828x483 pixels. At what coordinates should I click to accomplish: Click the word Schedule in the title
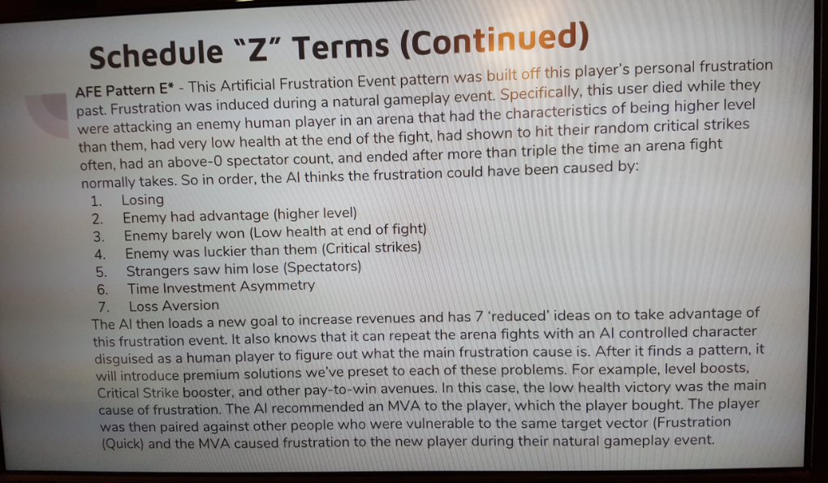click(x=157, y=54)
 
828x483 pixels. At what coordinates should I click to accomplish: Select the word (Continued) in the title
click(x=494, y=41)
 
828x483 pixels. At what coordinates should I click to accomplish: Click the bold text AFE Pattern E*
click(x=125, y=90)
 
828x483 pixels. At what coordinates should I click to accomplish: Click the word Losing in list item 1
click(x=143, y=200)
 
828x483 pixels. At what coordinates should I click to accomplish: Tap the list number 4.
click(x=100, y=254)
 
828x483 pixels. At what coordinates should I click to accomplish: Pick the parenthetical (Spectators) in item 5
click(x=322, y=267)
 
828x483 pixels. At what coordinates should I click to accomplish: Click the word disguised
click(x=124, y=358)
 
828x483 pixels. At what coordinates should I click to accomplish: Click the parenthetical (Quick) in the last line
click(x=122, y=443)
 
